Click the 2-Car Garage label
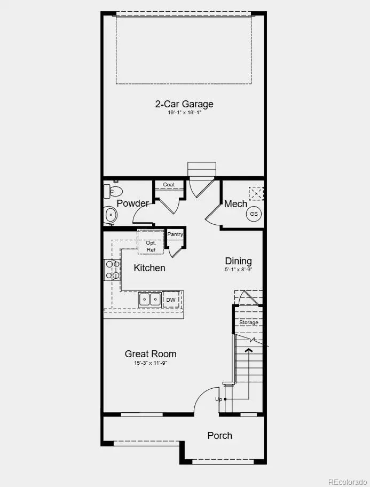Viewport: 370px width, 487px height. point(184,104)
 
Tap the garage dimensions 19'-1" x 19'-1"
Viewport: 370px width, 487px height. point(184,113)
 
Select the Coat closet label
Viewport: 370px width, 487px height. point(169,185)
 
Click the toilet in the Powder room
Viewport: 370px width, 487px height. point(114,191)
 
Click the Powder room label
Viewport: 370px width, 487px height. point(132,203)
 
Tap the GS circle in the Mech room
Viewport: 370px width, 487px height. point(254,214)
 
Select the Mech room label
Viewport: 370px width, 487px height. point(235,204)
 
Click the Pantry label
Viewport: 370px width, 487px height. point(175,234)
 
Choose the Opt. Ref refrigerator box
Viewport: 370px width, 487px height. point(151,246)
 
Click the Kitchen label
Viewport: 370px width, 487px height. point(149,268)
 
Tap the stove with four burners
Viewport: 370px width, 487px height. point(112,270)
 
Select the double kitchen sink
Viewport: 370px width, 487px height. point(150,300)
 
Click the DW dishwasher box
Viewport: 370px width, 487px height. point(171,300)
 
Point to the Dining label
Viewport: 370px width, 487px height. point(238,261)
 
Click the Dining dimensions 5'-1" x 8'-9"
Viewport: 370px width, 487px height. point(238,270)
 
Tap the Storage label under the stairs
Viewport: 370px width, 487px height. point(249,323)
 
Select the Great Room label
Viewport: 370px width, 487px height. point(151,354)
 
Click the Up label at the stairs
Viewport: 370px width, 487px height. point(218,399)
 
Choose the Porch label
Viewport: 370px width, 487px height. point(220,436)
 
